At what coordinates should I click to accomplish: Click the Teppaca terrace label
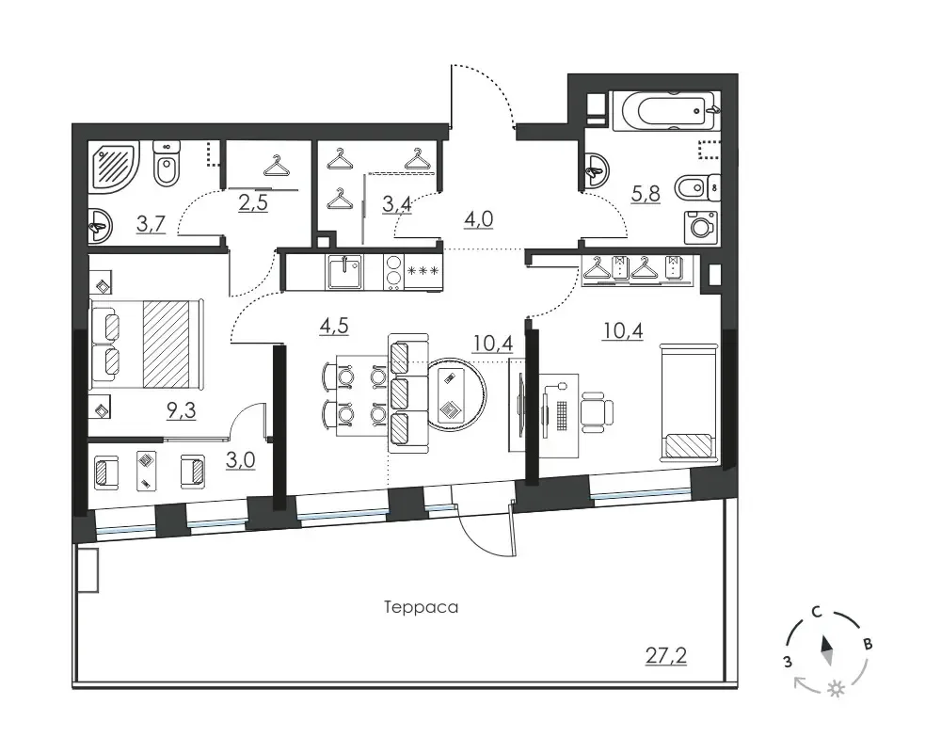(421, 608)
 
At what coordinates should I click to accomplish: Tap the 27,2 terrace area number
(666, 655)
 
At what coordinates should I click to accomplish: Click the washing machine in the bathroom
(701, 228)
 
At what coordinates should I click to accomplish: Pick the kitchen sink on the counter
(344, 273)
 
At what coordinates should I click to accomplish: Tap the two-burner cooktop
(393, 273)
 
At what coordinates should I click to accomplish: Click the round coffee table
(456, 394)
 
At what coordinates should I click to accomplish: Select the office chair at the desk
(596, 411)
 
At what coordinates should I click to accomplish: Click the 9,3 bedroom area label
(182, 410)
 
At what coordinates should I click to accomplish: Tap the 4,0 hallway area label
(478, 219)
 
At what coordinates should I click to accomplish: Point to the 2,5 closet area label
(252, 203)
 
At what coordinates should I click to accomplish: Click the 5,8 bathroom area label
(646, 194)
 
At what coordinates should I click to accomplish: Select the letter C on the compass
(816, 612)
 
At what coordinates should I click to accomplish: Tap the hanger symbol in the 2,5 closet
(276, 166)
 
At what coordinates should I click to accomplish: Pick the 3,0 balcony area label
(240, 460)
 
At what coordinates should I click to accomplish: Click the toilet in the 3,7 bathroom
(167, 164)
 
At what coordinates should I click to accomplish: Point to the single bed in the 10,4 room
(689, 403)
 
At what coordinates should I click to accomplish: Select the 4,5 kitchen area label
(334, 326)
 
